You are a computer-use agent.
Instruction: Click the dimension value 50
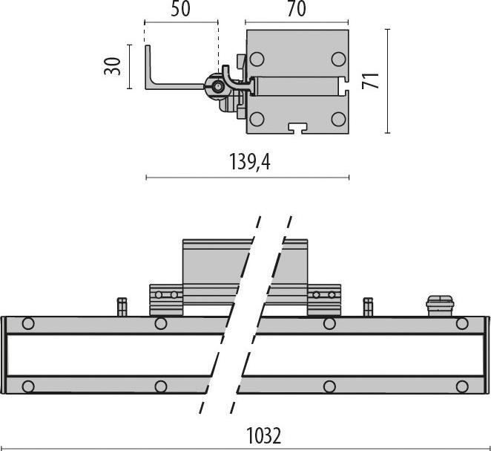(x=181, y=10)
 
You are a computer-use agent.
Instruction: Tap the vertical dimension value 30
(x=113, y=65)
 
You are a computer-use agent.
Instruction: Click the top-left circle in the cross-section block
(x=257, y=59)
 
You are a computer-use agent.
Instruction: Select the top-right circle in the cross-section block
(x=338, y=59)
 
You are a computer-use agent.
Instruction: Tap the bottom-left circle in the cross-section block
(x=257, y=118)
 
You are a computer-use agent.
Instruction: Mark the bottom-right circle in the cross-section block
(x=338, y=118)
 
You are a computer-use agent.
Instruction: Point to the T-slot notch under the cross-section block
(x=297, y=128)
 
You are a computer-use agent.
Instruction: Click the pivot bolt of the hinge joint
(x=217, y=88)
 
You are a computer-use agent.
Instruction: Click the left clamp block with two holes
(x=166, y=299)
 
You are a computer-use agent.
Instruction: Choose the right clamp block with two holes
(x=324, y=299)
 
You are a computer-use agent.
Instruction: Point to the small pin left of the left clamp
(x=122, y=306)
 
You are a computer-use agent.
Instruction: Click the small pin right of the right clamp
(x=367, y=306)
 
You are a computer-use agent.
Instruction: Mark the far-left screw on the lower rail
(x=28, y=386)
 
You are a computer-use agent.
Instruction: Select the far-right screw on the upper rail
(x=462, y=324)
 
